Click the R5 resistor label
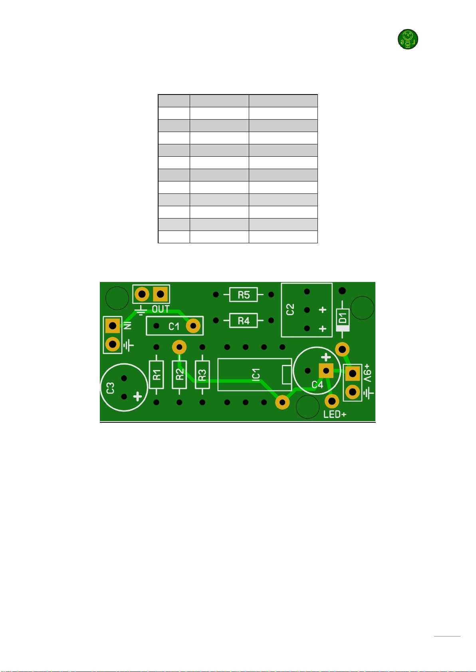pos(244,295)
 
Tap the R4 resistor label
pos(244,321)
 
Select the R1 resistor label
pos(157,375)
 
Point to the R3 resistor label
pos(202,375)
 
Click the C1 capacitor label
pos(174,326)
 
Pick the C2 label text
pos(290,309)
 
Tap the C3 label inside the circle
pos(111,388)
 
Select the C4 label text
pos(317,384)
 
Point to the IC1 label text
pos(256,375)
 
